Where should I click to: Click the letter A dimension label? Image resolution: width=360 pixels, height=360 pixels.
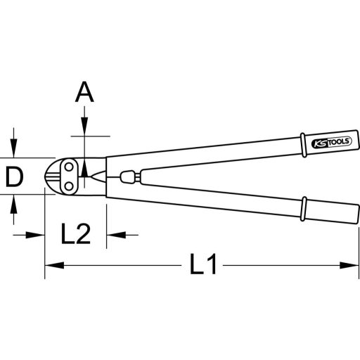(84, 91)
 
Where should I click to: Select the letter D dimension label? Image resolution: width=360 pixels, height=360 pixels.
(14, 177)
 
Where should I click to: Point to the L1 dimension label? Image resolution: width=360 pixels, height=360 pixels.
(203, 266)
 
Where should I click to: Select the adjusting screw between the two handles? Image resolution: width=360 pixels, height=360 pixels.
(127, 175)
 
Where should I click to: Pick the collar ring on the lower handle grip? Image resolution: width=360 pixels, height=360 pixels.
(303, 209)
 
